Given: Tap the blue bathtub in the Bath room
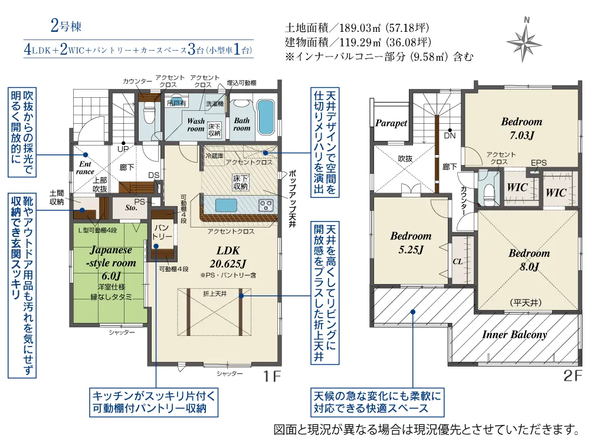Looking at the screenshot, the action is [x=265, y=117].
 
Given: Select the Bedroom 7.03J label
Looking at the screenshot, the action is [x=522, y=128].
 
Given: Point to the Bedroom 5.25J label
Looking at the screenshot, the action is [x=411, y=243].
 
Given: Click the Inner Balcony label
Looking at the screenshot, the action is [x=514, y=334].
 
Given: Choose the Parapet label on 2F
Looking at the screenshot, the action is [x=391, y=123].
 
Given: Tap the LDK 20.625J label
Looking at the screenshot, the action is [x=228, y=257].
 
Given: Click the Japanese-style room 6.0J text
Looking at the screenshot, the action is [x=111, y=263].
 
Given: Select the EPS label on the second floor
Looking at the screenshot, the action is [x=539, y=163].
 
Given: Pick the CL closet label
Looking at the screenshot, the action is [x=458, y=261].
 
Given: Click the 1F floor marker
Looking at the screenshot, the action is [x=271, y=376].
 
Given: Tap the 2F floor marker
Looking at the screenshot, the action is [x=573, y=376].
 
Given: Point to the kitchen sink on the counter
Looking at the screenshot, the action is [x=226, y=206].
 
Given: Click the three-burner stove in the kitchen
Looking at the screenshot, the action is [x=266, y=206].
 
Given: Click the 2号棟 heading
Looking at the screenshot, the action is [x=66, y=27].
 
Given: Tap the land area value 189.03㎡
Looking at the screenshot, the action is [x=360, y=28].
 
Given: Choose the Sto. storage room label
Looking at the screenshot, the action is [x=131, y=208].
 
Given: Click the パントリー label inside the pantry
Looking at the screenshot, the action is [x=162, y=232].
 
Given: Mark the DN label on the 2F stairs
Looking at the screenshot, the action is [x=450, y=136].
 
